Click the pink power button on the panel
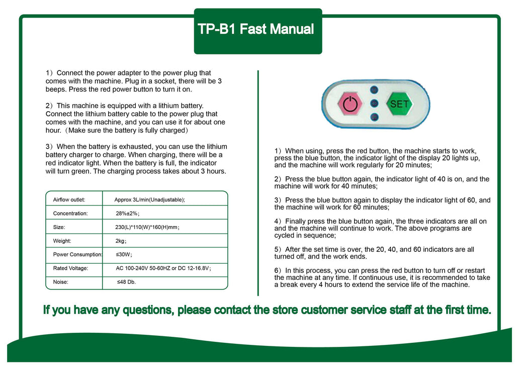(x=350, y=104)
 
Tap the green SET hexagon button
(x=399, y=104)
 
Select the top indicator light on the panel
(x=374, y=90)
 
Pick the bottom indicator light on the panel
(x=374, y=117)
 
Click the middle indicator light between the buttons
(x=374, y=104)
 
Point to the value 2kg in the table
(x=121, y=241)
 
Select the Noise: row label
(x=61, y=282)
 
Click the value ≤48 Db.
(x=126, y=282)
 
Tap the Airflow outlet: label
(x=69, y=200)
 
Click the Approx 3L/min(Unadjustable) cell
(x=149, y=200)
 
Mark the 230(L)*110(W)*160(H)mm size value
(x=147, y=228)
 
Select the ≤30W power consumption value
(x=124, y=255)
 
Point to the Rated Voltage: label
(x=70, y=268)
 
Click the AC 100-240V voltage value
(x=163, y=268)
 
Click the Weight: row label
(x=62, y=241)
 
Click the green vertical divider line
(x=258, y=181)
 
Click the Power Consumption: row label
(x=77, y=255)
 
